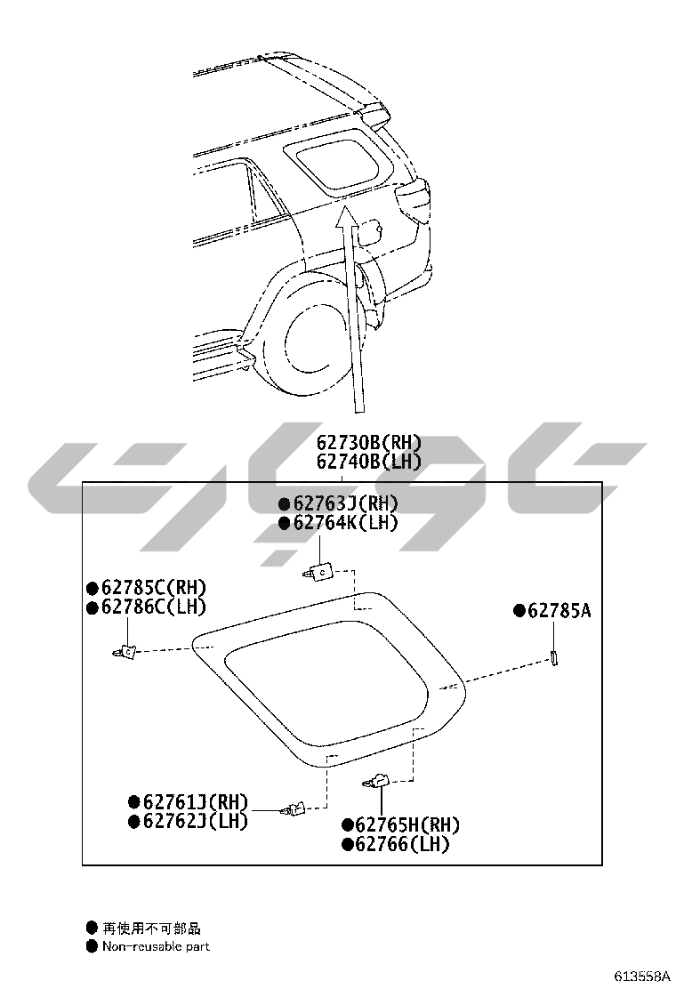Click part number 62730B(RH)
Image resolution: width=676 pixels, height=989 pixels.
pyautogui.click(x=369, y=443)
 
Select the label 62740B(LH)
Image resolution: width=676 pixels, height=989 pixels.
pyautogui.click(x=369, y=462)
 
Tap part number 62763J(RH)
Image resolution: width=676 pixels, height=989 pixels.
pyautogui.click(x=346, y=503)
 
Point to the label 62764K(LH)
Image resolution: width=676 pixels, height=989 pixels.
pyautogui.click(x=346, y=522)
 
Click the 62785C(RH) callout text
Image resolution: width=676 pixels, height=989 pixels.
pyautogui.click(x=154, y=587)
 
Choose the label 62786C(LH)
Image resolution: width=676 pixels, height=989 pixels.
pyautogui.click(x=154, y=607)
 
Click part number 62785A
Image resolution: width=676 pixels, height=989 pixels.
pyautogui.click(x=559, y=610)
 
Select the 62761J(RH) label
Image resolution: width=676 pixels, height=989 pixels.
pyautogui.click(x=196, y=801)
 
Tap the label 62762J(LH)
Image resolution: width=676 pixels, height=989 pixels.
pyautogui.click(x=196, y=821)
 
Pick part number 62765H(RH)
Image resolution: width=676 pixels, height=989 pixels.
pyautogui.click(x=408, y=825)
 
